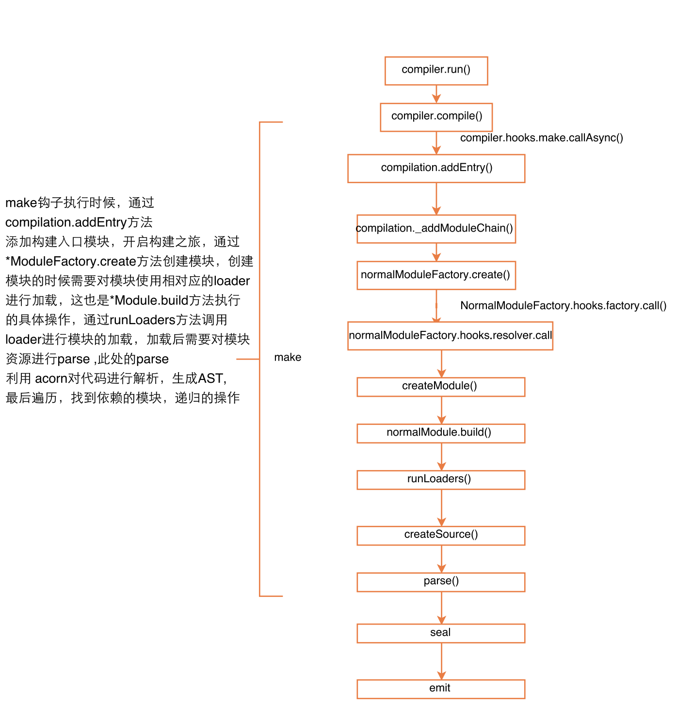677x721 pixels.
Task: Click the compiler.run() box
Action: tap(436, 71)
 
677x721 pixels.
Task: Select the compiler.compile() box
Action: tap(436, 117)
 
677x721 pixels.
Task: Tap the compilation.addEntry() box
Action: tap(436, 169)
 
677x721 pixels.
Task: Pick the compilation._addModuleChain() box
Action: tap(436, 229)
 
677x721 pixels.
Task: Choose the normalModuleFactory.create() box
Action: tap(436, 275)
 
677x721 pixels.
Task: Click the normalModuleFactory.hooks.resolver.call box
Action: tap(450, 336)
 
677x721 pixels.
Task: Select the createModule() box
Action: tap(441, 387)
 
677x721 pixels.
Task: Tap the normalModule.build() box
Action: tap(441, 433)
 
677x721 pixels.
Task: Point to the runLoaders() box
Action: tap(441, 480)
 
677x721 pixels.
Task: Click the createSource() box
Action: tap(441, 535)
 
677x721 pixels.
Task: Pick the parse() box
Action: tap(441, 582)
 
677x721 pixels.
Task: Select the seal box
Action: tap(441, 633)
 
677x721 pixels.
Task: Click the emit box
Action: tap(441, 689)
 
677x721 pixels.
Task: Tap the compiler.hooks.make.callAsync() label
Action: tap(542, 138)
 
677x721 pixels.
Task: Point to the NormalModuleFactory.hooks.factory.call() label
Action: tap(563, 306)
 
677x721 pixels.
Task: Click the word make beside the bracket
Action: tap(288, 358)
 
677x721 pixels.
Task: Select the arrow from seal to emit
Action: tap(441, 661)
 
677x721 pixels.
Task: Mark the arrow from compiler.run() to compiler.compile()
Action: tap(436, 94)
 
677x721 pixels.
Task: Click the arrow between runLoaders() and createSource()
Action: tap(441, 507)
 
